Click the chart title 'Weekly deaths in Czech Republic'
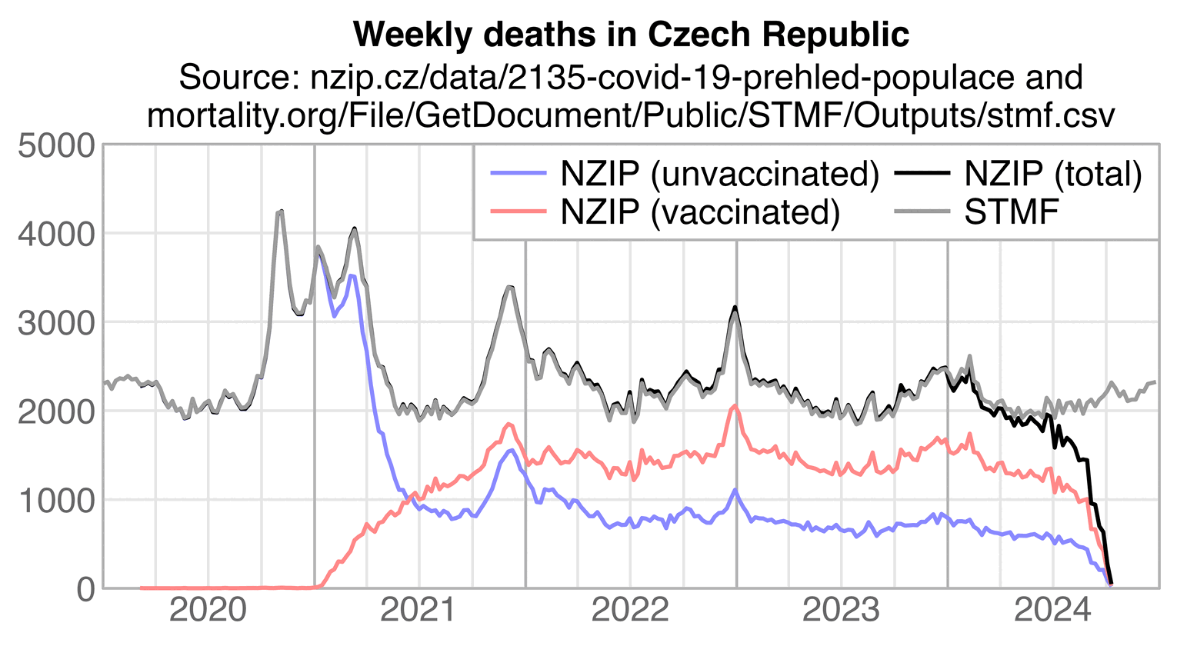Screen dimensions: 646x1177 (631, 35)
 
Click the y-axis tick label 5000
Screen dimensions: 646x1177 (55, 145)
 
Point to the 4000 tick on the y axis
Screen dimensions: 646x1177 (55, 234)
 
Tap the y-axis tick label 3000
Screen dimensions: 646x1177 (55, 322)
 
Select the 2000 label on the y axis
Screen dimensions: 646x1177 (55, 411)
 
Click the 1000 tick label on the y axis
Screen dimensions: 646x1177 (55, 500)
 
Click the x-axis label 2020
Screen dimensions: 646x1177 (208, 611)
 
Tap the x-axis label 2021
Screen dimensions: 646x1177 (419, 611)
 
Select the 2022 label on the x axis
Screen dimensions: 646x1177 (630, 611)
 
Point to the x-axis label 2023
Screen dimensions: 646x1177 (841, 611)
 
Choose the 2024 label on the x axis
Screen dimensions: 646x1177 (1052, 611)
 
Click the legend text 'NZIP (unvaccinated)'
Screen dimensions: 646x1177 (719, 174)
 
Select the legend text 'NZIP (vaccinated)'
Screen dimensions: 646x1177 (699, 211)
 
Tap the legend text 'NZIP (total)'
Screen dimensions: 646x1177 (1053, 174)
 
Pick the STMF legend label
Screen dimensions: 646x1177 (1012, 211)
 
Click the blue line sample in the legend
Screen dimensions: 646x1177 (519, 174)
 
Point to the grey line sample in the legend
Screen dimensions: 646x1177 (922, 211)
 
